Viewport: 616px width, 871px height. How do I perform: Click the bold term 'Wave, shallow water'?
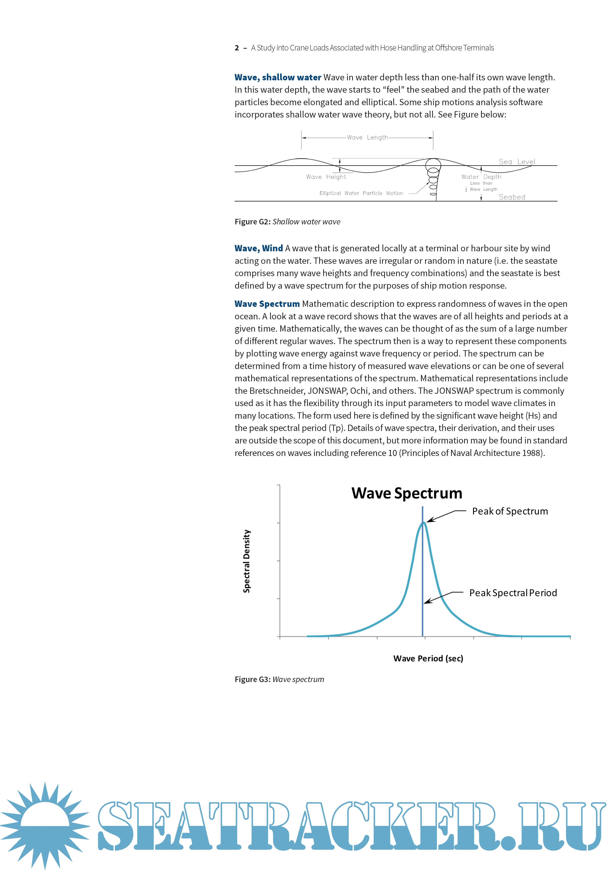pos(278,77)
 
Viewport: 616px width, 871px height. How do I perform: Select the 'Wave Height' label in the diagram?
pos(326,177)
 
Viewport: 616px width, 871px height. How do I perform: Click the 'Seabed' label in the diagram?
pos(512,197)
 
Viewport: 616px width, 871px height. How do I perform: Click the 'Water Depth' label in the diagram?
pos(481,177)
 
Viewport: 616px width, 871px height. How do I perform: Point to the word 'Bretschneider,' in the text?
pos(277,391)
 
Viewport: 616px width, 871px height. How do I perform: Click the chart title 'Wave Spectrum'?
pos(407,493)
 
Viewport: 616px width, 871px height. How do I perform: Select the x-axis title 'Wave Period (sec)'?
pos(428,658)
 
